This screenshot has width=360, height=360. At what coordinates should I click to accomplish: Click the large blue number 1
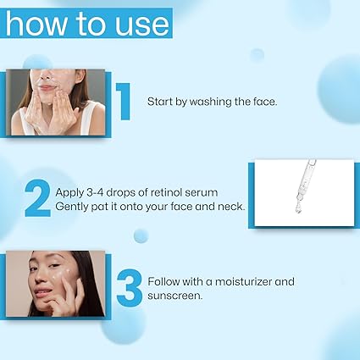[x=123, y=102]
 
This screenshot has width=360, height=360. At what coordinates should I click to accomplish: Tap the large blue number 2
[x=37, y=197]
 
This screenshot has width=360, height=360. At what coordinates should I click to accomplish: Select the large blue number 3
[x=129, y=288]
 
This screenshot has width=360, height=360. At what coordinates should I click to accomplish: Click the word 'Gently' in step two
[x=71, y=206]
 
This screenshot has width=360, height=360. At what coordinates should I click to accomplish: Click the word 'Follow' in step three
[x=164, y=280]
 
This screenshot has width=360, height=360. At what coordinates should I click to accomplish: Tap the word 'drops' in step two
[x=120, y=191]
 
